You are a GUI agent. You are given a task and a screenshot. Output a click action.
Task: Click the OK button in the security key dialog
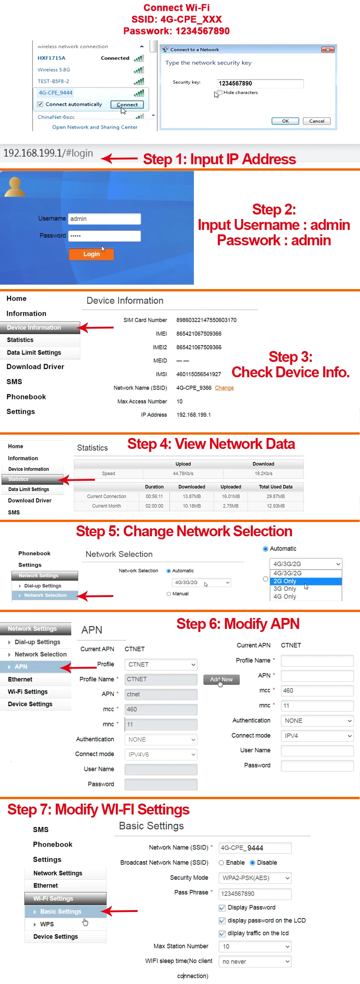tap(285, 121)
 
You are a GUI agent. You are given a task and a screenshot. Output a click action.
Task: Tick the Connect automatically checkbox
tap(40, 104)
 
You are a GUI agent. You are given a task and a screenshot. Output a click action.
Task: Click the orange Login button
tap(91, 254)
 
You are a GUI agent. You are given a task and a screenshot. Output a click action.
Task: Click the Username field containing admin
tap(104, 219)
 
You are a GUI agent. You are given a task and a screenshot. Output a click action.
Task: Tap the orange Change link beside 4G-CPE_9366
tap(224, 388)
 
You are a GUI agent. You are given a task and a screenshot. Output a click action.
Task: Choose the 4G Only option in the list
tap(285, 596)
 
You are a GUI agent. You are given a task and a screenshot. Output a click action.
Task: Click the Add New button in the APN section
tap(221, 679)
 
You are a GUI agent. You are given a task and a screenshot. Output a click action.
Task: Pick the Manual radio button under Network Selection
tap(168, 594)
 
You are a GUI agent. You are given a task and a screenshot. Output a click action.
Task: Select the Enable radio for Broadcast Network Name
tap(221, 862)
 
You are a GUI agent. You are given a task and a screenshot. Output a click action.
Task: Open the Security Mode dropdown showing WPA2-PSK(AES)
tap(255, 878)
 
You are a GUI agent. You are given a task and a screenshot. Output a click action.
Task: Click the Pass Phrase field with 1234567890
tap(255, 894)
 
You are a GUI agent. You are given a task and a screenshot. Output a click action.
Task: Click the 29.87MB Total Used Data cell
tap(276, 496)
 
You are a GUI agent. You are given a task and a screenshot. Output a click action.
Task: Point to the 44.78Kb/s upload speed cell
tap(183, 473)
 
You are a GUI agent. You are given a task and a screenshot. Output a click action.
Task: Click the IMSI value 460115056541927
tap(199, 374)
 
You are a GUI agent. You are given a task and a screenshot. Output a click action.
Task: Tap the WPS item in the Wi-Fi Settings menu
tap(46, 924)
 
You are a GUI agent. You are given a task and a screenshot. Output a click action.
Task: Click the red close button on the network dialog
tap(327, 49)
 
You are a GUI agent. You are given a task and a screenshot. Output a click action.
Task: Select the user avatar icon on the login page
tap(15, 187)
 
